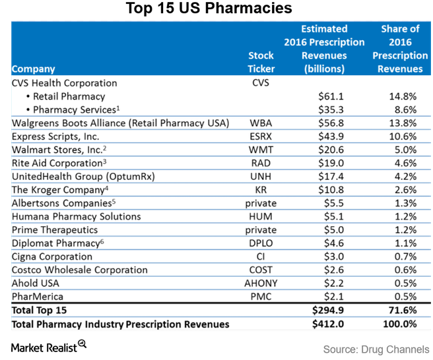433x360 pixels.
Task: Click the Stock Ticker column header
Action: pos(261,62)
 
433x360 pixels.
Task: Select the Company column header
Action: pos(34,69)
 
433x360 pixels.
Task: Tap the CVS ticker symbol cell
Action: pos(261,84)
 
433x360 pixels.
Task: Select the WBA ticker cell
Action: pos(261,123)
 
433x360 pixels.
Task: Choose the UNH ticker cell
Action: pos(261,175)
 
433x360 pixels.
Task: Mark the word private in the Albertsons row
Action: pos(261,203)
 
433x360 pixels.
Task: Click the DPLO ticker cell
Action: pos(261,243)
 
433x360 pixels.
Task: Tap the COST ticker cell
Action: pos(261,270)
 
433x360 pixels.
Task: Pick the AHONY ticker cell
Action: pos(261,284)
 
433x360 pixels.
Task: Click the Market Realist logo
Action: pos(50,345)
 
